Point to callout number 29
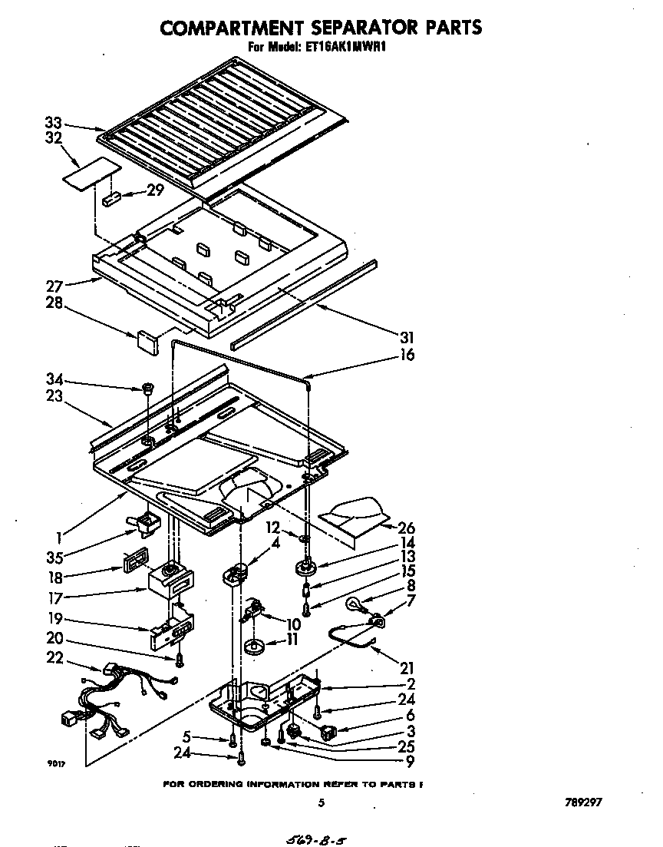coord(155,190)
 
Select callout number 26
coord(406,528)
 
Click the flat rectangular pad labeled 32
coord(91,175)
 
